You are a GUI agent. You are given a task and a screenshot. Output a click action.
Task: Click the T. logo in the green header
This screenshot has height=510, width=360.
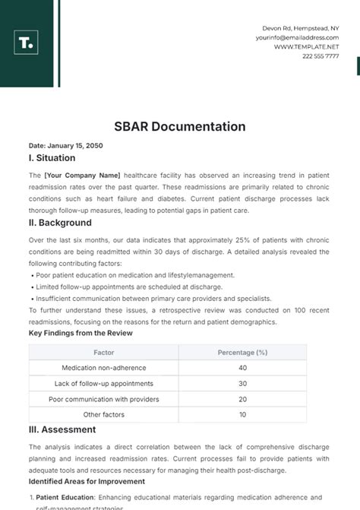[26, 43]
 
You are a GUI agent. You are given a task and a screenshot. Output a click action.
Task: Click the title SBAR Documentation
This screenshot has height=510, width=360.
[180, 127]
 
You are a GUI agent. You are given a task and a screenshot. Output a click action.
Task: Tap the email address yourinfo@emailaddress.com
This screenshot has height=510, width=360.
[297, 37]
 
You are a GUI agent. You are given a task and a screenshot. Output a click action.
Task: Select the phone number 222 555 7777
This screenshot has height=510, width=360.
[321, 56]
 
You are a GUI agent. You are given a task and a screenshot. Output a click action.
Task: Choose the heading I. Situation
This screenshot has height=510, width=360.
[52, 158]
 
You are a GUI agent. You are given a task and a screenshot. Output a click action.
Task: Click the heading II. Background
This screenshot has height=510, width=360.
[60, 223]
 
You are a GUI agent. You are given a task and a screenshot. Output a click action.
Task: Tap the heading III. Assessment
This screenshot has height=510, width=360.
[62, 429]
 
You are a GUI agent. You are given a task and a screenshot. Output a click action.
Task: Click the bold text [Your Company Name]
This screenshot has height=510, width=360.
[82, 175]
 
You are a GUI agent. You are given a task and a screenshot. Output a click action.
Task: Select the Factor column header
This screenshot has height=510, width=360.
[104, 353]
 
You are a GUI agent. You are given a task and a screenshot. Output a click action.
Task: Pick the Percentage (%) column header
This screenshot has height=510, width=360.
[242, 353]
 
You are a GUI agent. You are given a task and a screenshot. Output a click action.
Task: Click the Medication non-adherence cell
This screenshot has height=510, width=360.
[104, 368]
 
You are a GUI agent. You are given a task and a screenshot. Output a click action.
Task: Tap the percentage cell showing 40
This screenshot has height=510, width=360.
[242, 368]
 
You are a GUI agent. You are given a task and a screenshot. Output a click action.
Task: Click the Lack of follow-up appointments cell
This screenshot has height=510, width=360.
[104, 384]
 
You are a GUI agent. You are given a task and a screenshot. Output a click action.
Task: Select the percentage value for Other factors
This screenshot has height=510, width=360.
[242, 415]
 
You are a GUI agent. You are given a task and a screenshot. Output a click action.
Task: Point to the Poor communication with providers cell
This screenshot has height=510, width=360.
[104, 399]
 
